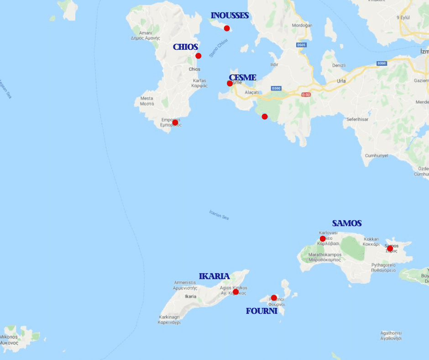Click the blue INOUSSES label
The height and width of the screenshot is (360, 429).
[230, 16]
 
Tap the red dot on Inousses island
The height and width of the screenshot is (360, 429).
[227, 28]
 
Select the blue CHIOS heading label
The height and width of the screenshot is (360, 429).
[185, 47]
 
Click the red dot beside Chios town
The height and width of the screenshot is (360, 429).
[199, 56]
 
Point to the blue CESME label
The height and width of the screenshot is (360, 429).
[242, 78]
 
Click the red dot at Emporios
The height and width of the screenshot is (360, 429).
[175, 122]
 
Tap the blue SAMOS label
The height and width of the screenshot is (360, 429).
[347, 223]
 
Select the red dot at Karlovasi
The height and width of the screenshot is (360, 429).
[323, 238]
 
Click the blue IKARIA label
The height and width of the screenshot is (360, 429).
[214, 276]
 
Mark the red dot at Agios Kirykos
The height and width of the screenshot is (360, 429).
[235, 291]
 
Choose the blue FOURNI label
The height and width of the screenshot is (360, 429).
[262, 311]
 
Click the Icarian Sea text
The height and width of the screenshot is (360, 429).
[219, 214]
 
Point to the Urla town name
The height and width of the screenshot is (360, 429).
[341, 81]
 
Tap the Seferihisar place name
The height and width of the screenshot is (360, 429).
[357, 119]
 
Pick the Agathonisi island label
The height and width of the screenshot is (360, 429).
[391, 336]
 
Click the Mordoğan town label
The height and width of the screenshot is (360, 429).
[302, 25]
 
